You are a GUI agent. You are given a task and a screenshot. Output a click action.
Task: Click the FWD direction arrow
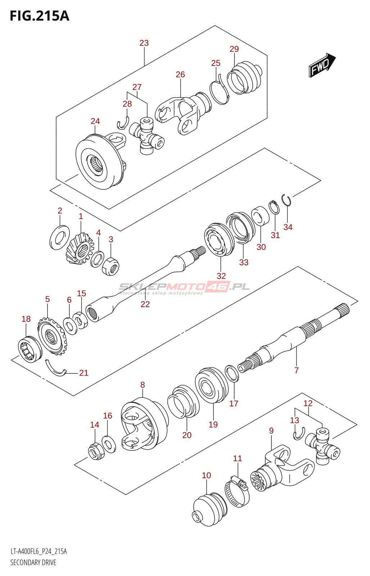point(321,65)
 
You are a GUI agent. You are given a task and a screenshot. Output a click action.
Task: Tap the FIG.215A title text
point(39,16)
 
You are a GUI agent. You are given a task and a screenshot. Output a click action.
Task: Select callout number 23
point(144,43)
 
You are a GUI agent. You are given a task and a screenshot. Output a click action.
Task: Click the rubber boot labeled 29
point(243,78)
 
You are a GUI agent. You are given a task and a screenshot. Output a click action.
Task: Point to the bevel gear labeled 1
point(80,248)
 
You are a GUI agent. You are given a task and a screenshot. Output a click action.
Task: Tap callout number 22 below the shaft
point(145,304)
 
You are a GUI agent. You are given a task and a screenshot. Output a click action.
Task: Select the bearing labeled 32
point(218,239)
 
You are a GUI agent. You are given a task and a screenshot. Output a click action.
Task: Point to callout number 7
point(296,370)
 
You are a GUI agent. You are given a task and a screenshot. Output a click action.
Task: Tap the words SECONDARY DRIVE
point(33,562)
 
